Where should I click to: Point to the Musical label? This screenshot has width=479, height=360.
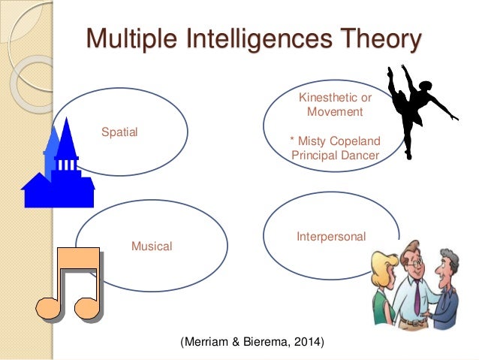click(152, 246)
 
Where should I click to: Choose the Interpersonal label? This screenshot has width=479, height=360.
click(331, 237)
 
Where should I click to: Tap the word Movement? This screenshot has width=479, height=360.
click(335, 112)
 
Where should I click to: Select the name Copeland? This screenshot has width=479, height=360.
click(354, 141)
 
